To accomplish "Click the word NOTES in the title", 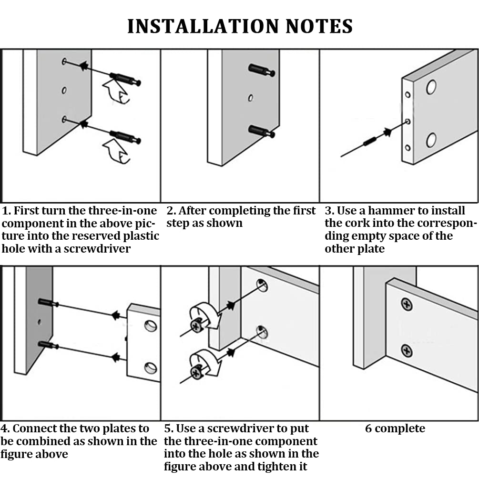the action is pos(319,26).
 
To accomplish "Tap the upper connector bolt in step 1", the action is pos(125,79).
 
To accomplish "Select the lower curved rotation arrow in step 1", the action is pos(116,151).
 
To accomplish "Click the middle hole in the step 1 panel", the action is pos(64,91).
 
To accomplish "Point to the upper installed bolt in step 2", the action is pos(262,70).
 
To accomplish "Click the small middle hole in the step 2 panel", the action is pos(251,98).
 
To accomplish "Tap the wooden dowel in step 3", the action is pos(369,142).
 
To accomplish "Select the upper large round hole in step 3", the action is pos(431,87).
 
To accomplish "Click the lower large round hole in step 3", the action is pos(431,140).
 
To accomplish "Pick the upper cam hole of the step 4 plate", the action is pos(151,326).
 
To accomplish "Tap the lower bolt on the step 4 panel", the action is pos(48,345).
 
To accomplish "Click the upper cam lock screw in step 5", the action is pos(196,326).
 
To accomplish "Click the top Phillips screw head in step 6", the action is pos(407,304).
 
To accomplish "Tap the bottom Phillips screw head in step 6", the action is pos(407,351).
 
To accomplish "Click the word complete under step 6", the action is pos(400,428).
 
